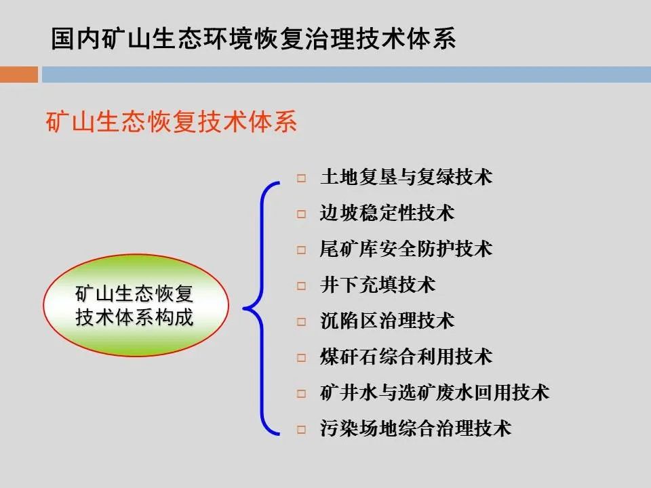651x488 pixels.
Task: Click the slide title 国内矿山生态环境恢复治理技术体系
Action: coord(253,39)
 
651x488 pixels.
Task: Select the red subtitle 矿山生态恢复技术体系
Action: coord(172,123)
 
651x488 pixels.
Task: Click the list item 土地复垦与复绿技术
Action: coord(406,178)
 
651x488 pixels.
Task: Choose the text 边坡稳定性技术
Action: coord(387,213)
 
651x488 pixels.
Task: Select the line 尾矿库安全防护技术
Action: coord(406,249)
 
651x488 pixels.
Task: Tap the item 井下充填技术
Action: coord(377,285)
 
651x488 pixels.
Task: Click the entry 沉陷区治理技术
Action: coord(387,321)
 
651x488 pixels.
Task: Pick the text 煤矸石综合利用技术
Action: coord(406,357)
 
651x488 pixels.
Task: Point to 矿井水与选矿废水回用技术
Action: coord(434,392)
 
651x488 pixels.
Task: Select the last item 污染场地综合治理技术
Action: coord(415,428)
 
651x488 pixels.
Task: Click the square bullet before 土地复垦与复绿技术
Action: coord(301,179)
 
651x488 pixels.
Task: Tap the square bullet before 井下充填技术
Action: coord(301,286)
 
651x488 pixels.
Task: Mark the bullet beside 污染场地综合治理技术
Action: coord(301,430)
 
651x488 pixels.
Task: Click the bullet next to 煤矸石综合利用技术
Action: coord(301,358)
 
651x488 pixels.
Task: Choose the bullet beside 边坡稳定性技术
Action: coord(301,215)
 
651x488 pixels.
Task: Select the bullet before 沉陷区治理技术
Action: coord(301,322)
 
